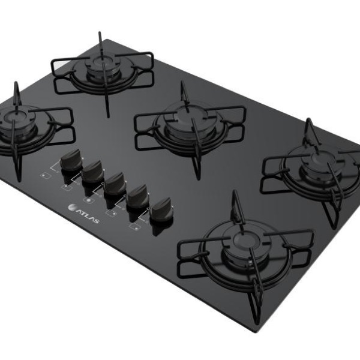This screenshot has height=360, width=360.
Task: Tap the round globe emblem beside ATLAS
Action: [71, 207]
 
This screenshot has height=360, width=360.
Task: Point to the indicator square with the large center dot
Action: [89, 200]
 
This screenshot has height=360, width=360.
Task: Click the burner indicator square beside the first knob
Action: [46, 176]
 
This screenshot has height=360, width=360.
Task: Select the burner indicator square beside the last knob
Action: [135, 227]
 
